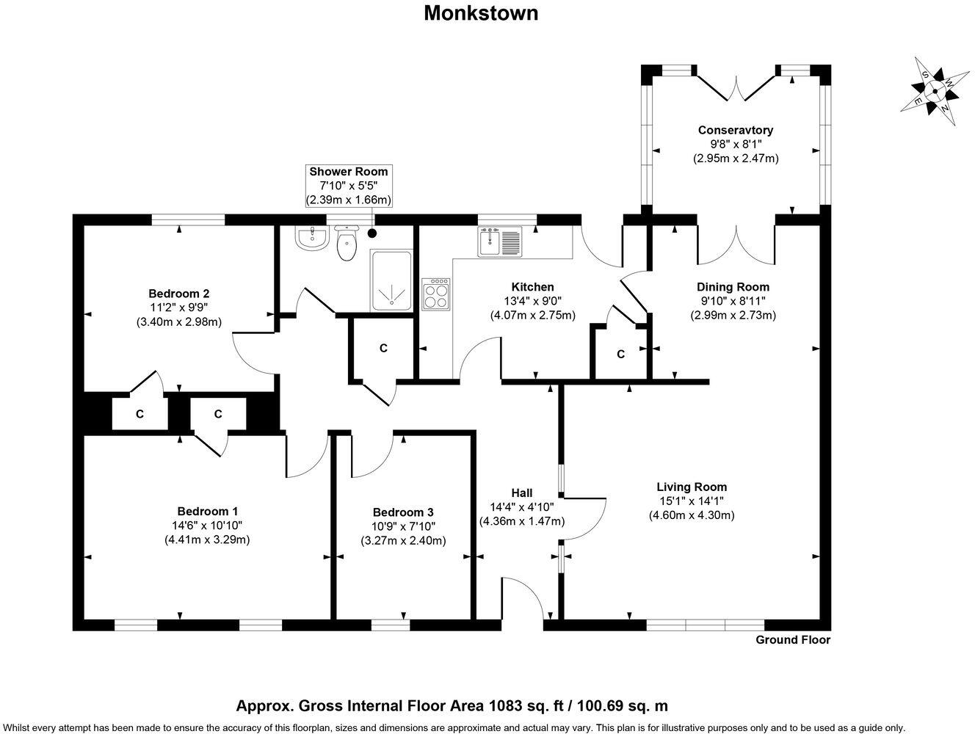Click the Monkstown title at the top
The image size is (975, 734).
(x=481, y=13)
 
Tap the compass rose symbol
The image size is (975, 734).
(x=934, y=92)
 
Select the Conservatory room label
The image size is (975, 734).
(x=735, y=131)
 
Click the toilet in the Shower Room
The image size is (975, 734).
(x=347, y=244)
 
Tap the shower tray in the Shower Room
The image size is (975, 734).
(x=391, y=280)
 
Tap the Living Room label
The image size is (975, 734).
(x=692, y=487)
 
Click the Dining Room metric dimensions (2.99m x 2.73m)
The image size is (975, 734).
(x=733, y=315)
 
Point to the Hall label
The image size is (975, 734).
(x=522, y=493)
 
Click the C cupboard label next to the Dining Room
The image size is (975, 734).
(x=620, y=355)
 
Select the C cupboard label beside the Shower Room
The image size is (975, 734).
(x=383, y=348)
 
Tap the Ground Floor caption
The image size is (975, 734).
(x=793, y=640)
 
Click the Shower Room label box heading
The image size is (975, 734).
(x=349, y=172)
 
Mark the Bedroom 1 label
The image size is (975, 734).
(x=208, y=512)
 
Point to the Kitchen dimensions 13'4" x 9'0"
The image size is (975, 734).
(x=532, y=301)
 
